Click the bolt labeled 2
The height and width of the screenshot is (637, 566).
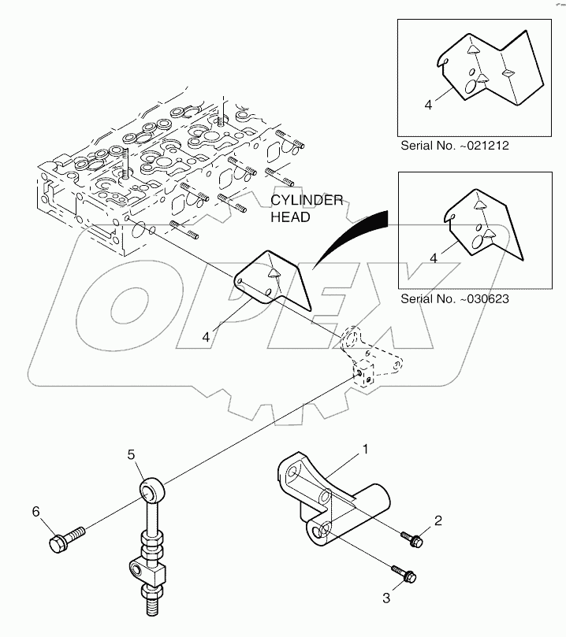[412, 539]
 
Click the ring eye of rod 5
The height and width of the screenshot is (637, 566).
[150, 491]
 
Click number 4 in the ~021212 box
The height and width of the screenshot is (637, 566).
[428, 103]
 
